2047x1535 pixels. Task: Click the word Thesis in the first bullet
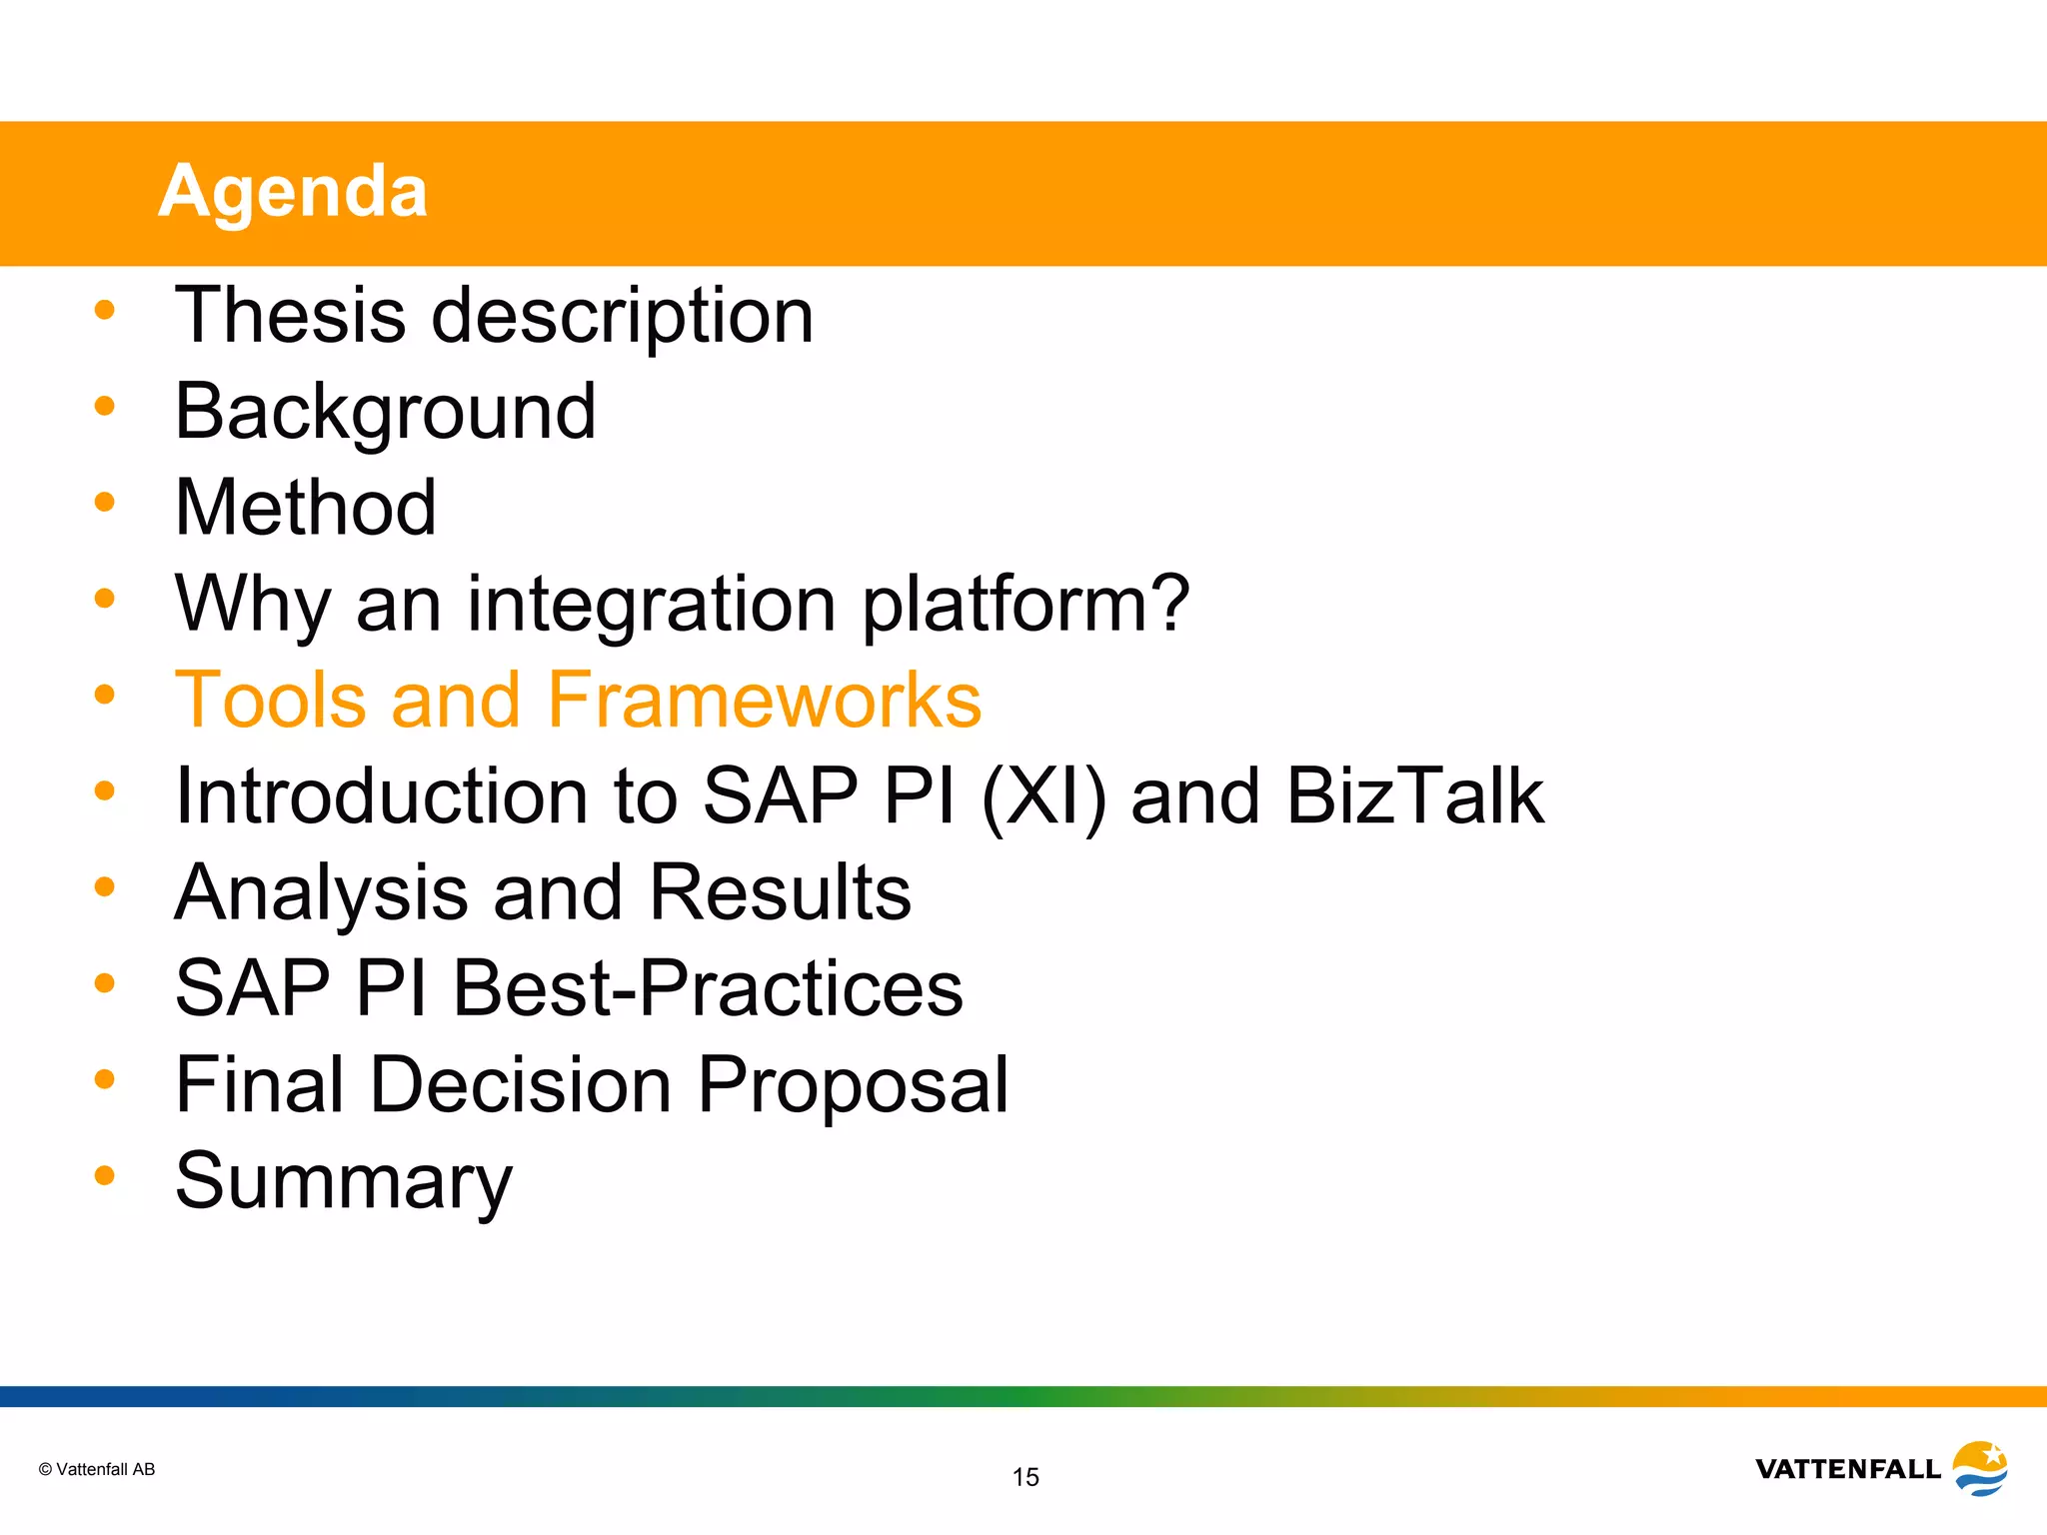[x=290, y=315]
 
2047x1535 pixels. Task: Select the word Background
[x=385, y=412]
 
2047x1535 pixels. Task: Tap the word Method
[x=305, y=508]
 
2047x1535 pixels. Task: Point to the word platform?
[x=1025, y=605]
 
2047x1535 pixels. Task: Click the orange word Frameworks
[x=765, y=700]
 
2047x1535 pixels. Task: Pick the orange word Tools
[x=271, y=700]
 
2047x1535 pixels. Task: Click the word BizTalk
[x=1415, y=795]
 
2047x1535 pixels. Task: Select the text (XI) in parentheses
[x=1043, y=796]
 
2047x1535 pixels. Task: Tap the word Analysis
[x=321, y=892]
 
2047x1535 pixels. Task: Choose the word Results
[x=780, y=891]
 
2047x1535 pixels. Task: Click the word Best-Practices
[x=708, y=988]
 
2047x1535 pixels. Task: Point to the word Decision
[x=520, y=1084]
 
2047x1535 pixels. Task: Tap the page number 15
[x=1025, y=1477]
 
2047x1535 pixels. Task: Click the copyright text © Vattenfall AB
[x=97, y=1469]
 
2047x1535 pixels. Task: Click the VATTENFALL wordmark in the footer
[x=1847, y=1469]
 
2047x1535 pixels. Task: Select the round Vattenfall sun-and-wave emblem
[x=1980, y=1468]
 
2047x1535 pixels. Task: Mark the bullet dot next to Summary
[x=105, y=1175]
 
